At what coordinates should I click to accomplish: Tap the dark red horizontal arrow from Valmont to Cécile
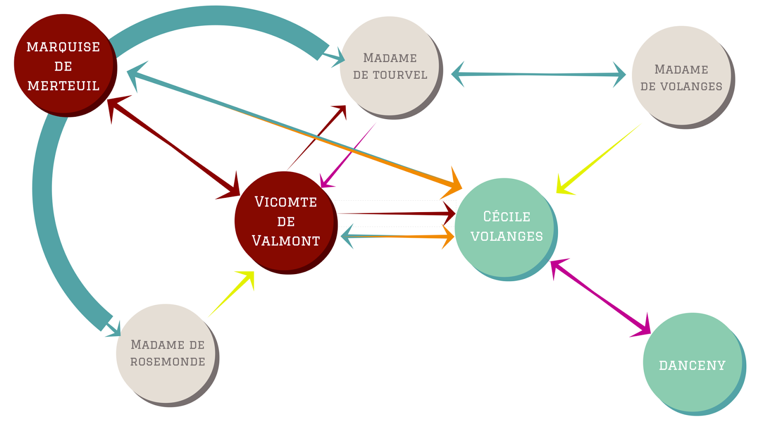396,213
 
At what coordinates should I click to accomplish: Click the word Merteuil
63,86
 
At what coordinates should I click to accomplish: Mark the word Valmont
286,241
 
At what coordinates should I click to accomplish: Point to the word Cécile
506,217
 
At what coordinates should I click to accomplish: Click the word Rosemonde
168,362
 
